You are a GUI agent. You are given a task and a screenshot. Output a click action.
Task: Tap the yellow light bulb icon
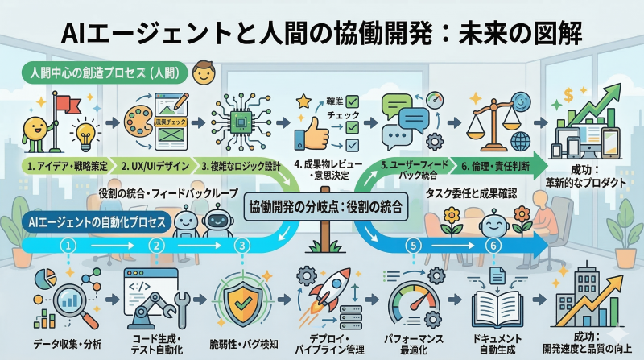[x=83, y=130]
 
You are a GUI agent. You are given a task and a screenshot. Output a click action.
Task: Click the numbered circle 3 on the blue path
[x=239, y=245]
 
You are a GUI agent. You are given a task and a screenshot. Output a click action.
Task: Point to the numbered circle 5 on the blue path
[x=414, y=245]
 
